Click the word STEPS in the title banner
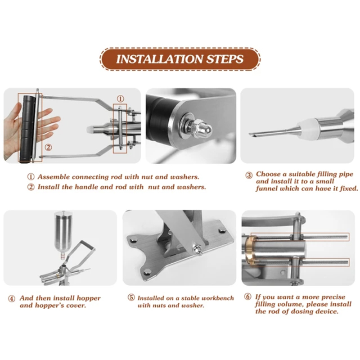click(225, 59)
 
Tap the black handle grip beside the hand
click(27, 129)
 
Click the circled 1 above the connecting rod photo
click(121, 99)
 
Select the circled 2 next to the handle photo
click(48, 147)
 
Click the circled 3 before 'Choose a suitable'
click(249, 175)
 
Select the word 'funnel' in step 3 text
click(266, 189)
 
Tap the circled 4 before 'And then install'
click(12, 299)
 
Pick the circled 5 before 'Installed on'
click(131, 297)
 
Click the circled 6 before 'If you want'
click(247, 297)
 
